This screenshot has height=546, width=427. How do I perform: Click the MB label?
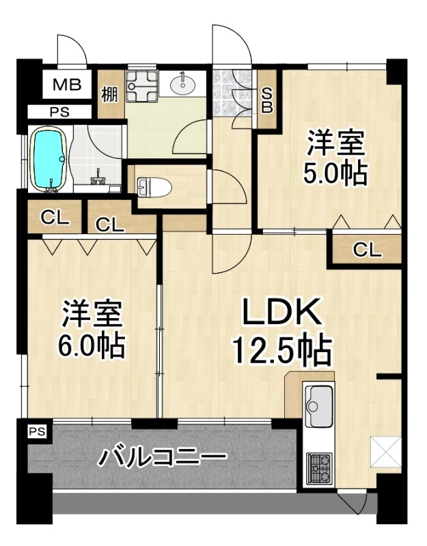coord(67,85)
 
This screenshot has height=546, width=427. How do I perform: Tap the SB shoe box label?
coord(267,100)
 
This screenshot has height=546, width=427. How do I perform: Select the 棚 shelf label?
coord(110,94)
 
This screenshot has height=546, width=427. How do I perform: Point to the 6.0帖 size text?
coord(92,346)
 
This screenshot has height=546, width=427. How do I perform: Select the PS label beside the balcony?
coord(37,432)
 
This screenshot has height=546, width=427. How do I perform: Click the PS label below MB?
coord(59,112)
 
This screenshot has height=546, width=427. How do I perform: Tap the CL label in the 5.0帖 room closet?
coord(366,250)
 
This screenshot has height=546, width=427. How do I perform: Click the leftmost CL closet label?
coord(55,218)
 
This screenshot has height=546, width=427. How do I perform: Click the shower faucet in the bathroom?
coord(98,178)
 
